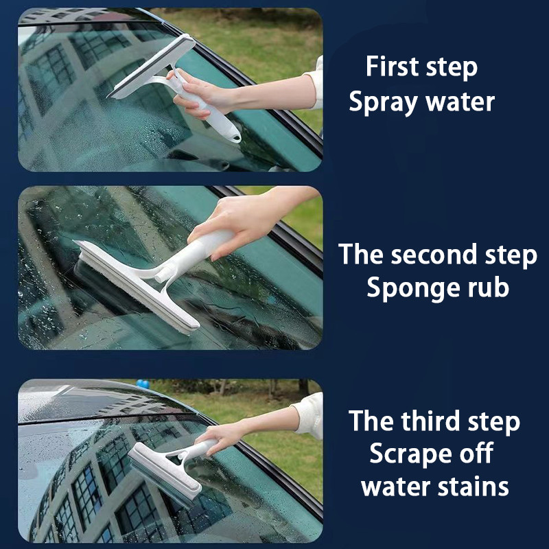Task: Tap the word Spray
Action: click(383, 102)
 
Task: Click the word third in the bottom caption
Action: click(430, 421)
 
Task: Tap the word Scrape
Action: click(410, 454)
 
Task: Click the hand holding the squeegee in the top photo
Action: click(200, 94)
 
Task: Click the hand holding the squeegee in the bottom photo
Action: click(220, 439)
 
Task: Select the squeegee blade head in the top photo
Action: click(151, 67)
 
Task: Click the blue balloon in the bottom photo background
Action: click(143, 384)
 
